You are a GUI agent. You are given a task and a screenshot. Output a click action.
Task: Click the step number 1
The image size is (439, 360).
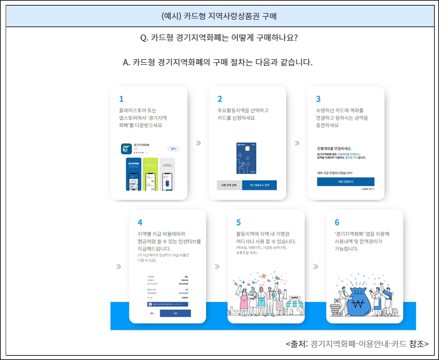point(121,99)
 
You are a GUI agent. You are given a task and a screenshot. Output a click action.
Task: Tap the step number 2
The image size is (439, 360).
point(220,99)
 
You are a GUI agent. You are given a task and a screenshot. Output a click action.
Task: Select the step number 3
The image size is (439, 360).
point(318,99)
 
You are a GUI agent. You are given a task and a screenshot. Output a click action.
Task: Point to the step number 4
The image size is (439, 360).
point(140,223)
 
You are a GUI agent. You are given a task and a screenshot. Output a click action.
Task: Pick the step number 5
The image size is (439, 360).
point(239,223)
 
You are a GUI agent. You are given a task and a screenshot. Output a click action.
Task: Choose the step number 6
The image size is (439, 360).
point(337,223)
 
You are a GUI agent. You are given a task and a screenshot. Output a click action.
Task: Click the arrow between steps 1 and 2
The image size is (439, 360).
point(198,143)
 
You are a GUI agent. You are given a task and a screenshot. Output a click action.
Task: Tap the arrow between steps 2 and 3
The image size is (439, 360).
point(297,143)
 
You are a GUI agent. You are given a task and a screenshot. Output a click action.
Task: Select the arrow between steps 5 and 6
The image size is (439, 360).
point(315,267)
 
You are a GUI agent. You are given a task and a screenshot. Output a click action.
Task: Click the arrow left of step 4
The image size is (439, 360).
point(118,267)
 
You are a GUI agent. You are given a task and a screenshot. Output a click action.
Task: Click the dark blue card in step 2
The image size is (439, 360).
point(247,161)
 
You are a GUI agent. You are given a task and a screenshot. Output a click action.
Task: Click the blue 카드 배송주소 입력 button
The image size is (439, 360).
point(259,185)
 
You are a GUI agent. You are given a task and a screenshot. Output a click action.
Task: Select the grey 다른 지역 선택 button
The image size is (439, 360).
point(229,185)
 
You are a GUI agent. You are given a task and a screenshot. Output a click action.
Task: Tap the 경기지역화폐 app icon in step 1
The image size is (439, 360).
point(126,149)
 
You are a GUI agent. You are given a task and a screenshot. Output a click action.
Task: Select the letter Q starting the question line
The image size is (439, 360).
point(144,38)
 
